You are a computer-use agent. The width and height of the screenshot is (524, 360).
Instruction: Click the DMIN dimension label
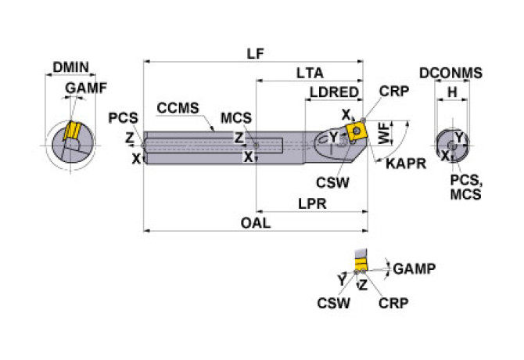click(72, 67)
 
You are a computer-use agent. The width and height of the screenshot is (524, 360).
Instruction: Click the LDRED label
click(333, 92)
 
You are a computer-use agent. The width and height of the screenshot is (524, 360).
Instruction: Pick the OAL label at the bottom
click(255, 223)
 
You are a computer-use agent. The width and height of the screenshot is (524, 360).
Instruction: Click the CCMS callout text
click(178, 107)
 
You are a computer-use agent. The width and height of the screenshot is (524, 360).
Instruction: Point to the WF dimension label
click(383, 133)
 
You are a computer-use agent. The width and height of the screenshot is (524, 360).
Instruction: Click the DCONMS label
click(450, 74)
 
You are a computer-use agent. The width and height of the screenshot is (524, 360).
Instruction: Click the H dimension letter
click(452, 92)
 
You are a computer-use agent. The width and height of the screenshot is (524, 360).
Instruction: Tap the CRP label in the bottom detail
click(391, 302)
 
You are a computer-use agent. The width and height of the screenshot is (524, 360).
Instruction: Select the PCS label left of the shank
click(123, 119)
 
